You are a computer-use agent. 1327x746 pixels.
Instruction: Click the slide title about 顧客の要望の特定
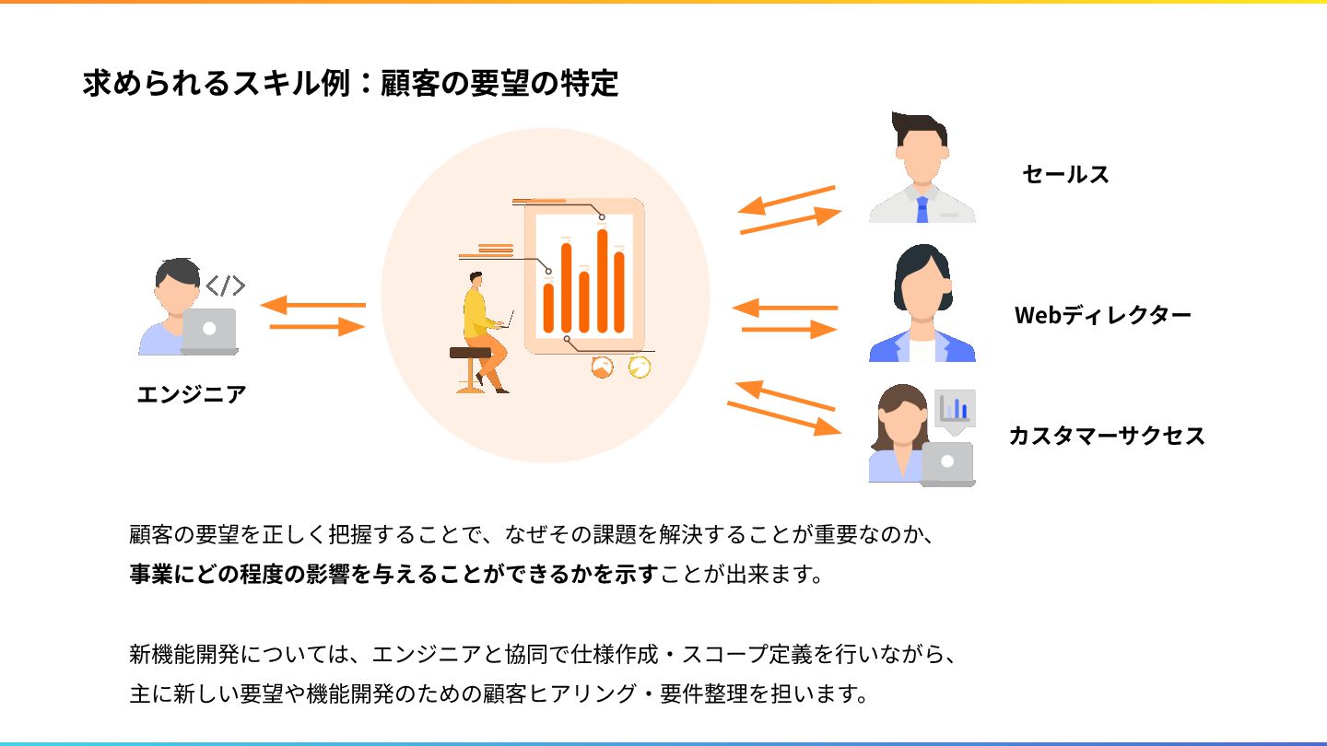(350, 84)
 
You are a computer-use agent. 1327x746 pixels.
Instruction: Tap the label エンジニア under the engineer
(192, 394)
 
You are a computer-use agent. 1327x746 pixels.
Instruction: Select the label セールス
(1065, 174)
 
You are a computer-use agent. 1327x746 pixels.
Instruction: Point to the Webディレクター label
(1102, 315)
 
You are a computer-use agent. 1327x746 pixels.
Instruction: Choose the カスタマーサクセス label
(1106, 435)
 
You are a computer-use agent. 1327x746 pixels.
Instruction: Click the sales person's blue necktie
(922, 209)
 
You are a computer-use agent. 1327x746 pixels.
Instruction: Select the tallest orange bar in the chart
(602, 280)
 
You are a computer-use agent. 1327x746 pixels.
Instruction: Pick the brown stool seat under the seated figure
(470, 353)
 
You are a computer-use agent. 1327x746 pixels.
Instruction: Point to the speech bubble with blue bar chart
(955, 409)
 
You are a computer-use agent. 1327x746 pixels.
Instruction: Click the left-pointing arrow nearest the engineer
(313, 305)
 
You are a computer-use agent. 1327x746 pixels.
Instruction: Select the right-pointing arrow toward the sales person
(791, 221)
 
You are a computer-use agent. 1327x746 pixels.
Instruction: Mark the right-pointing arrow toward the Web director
(789, 329)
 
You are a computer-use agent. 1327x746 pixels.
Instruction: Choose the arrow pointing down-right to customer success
(783, 417)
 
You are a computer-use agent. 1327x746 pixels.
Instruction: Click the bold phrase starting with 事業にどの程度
(393, 575)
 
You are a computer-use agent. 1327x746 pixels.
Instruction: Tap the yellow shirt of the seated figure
(476, 314)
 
